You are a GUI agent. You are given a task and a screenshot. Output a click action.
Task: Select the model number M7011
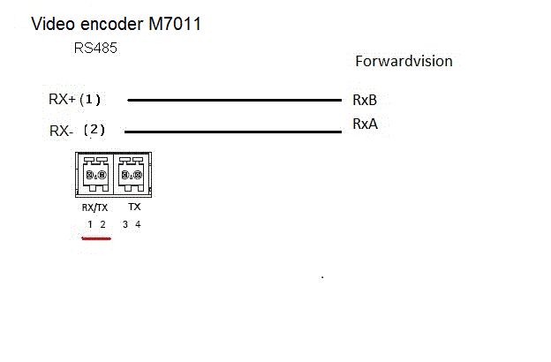point(173,24)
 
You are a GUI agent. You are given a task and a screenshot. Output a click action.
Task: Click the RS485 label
point(95,49)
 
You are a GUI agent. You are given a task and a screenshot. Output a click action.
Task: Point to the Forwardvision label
point(404,61)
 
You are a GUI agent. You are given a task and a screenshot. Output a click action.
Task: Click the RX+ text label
point(62,99)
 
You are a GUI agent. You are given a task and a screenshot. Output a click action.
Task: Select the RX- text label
point(62,131)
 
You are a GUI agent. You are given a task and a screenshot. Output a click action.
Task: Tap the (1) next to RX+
point(91,99)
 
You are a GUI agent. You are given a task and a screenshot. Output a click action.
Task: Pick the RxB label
point(365,100)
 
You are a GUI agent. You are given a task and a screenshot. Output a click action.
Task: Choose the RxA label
point(365,124)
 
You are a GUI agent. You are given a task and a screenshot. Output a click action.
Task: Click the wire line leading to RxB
point(234,100)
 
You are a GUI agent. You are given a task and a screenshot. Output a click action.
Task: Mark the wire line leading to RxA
point(234,132)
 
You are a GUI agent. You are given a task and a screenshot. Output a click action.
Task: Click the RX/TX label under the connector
point(94,208)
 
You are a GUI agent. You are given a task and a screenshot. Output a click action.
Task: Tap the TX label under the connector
point(134,207)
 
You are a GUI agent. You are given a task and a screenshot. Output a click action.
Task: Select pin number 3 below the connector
point(125,224)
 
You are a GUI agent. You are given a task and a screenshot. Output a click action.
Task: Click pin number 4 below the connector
point(138,224)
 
